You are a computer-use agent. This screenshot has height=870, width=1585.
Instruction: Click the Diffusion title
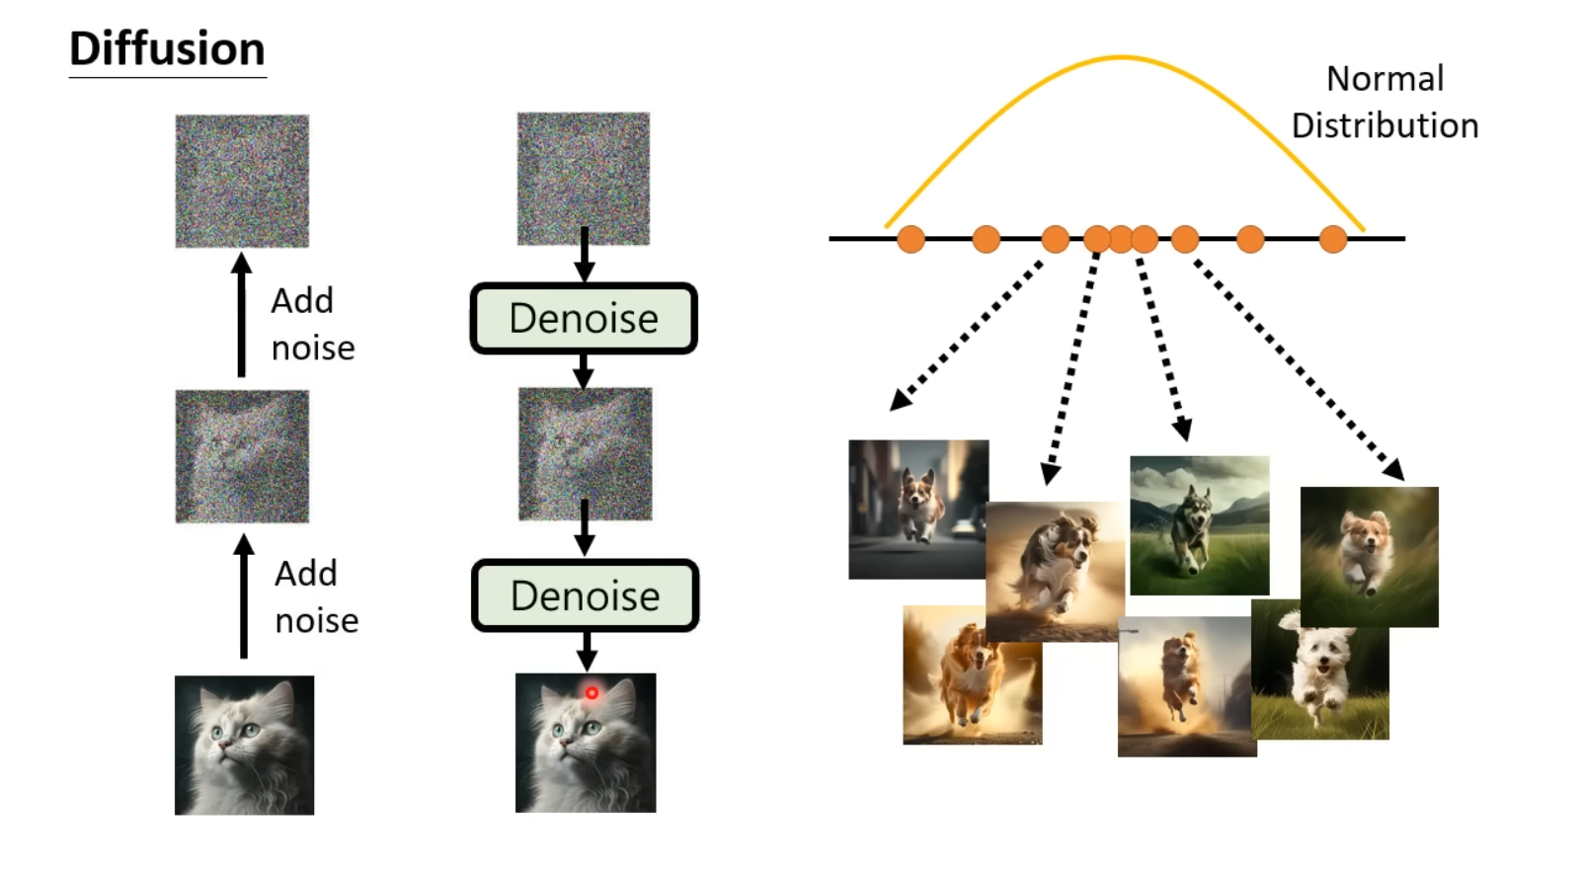coord(167,49)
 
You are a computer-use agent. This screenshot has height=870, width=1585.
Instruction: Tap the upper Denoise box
coord(584,319)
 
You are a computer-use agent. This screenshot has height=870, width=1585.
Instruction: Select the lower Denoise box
coord(586,596)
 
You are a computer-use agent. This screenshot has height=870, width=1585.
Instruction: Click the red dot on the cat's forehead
coord(592,693)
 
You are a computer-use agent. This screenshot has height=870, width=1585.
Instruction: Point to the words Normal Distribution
coord(1385,102)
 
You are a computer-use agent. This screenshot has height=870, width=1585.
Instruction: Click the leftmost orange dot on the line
coord(911,239)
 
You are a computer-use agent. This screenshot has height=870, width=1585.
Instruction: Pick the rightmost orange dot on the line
coord(1333,239)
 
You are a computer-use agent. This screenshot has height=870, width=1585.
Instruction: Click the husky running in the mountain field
coord(1199,525)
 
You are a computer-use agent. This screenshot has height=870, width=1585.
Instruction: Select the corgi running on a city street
coord(918,509)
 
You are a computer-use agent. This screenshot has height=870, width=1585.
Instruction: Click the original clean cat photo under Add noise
coord(244,745)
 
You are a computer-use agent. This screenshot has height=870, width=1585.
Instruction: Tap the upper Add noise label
coord(311,324)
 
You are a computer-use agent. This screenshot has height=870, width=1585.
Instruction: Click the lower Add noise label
coord(315,596)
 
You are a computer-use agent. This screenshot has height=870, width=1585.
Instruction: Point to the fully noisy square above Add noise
coord(242,181)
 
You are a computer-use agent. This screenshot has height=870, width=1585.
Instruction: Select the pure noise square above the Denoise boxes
coord(584,178)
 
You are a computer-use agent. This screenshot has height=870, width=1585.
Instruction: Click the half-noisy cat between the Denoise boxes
coord(586,453)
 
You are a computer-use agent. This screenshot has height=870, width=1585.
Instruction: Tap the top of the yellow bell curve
coord(1121,57)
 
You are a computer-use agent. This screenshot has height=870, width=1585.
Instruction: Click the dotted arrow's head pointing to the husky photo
coord(1183,431)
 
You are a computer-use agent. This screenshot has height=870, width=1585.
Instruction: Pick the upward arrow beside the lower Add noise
coord(244,596)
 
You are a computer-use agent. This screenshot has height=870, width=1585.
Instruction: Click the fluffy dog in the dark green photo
coord(1369,556)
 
